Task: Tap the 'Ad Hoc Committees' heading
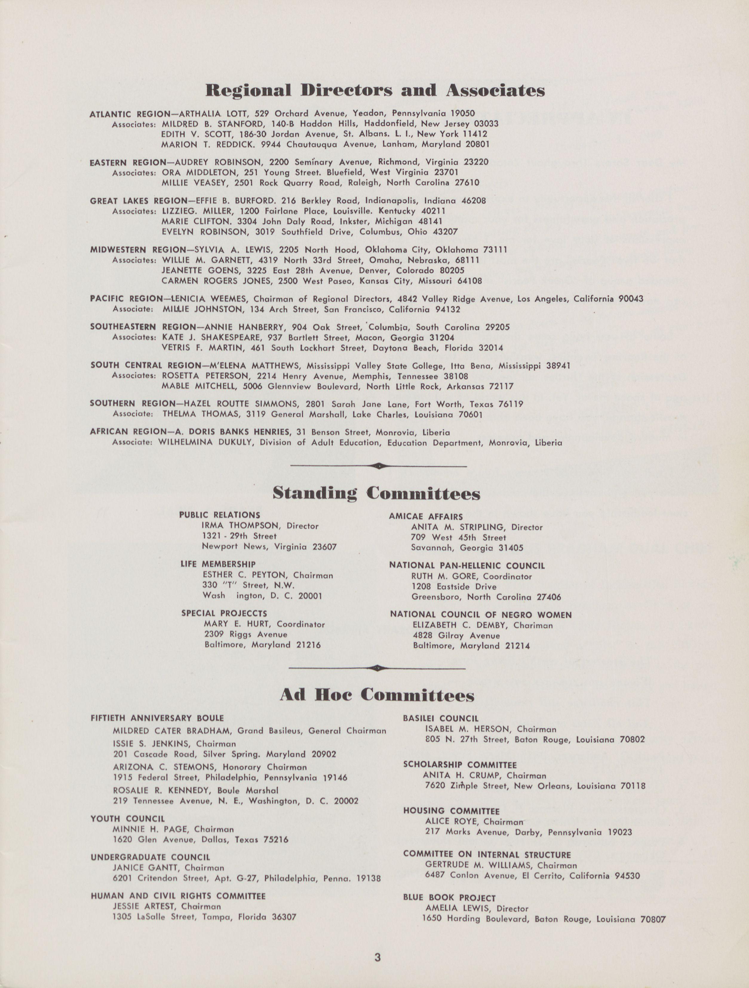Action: point(377,695)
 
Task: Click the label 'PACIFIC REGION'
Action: point(126,298)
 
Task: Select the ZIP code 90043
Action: point(631,298)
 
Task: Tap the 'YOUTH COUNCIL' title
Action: point(128,819)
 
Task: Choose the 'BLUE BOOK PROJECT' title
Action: point(449,898)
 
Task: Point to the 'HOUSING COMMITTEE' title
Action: point(451,811)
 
